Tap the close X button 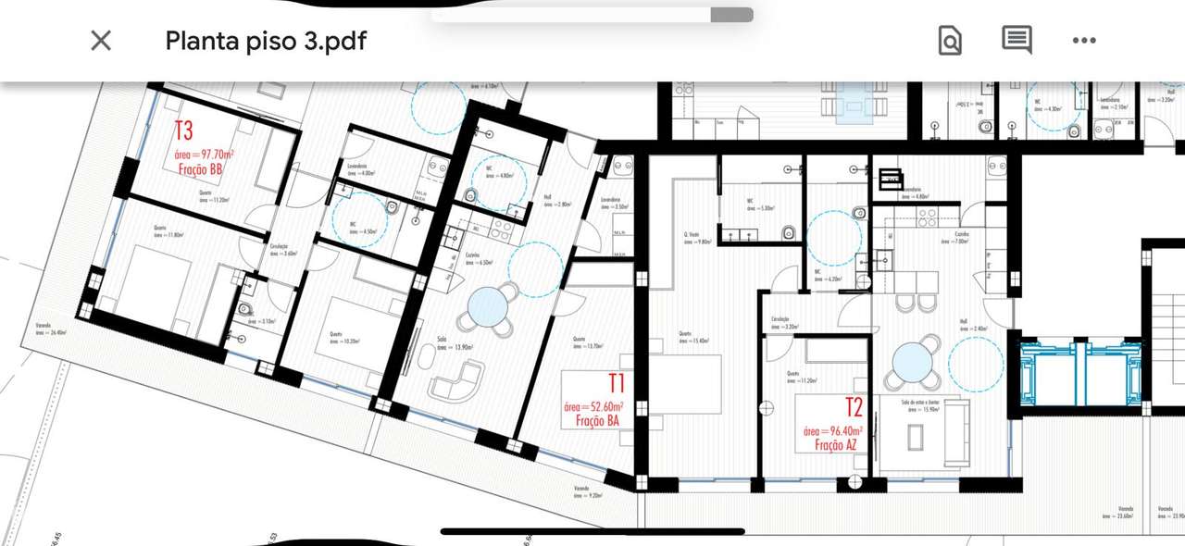(x=100, y=40)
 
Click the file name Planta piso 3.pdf (x=266, y=41)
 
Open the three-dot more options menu (x=1084, y=40)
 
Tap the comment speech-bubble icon (x=1017, y=40)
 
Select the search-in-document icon (x=950, y=41)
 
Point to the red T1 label (x=617, y=382)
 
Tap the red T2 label (x=854, y=407)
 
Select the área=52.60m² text (x=593, y=406)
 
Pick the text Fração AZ (x=835, y=445)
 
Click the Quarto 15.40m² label (x=692, y=337)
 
